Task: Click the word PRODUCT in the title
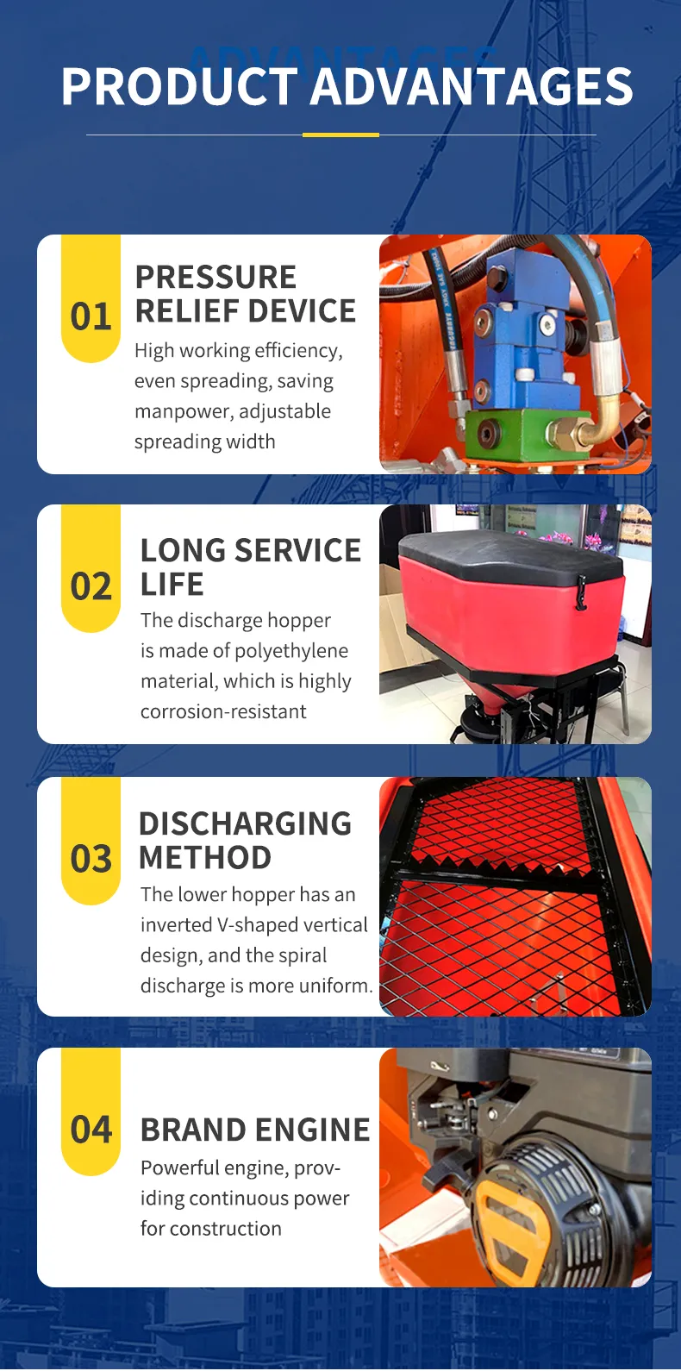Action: [x=179, y=87]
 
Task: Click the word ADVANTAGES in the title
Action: [x=472, y=87]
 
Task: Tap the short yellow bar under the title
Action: [x=340, y=135]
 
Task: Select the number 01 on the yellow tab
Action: [x=91, y=317]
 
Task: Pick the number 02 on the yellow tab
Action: [x=91, y=587]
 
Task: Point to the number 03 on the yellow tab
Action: [x=91, y=860]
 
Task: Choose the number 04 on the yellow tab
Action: [x=91, y=1130]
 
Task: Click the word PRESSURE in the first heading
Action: [x=216, y=278]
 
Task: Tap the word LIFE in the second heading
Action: [x=172, y=585]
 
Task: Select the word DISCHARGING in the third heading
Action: [x=245, y=824]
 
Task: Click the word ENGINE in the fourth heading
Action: [x=313, y=1130]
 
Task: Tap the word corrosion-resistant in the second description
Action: [x=223, y=712]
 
